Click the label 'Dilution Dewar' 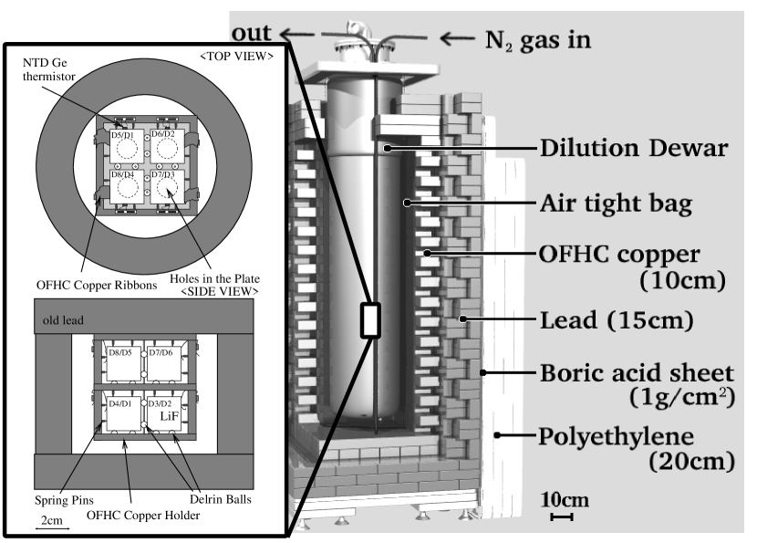pos(633,149)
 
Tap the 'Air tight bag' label pos(616,204)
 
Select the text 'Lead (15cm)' pos(617,320)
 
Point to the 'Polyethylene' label pos(616,436)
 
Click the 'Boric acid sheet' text pos(637,373)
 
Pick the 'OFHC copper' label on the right pos(619,254)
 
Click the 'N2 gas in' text pos(538,39)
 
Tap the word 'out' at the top pos(251,33)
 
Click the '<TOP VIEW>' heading pos(236,57)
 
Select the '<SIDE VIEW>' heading pos(220,291)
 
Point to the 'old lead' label pos(63,320)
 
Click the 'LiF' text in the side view pos(170,416)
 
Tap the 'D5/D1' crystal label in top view pos(122,135)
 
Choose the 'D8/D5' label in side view pos(120,352)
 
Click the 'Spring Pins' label pos(64,500)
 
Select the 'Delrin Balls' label pos(221,499)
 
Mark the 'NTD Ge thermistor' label pos(48,69)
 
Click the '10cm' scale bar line pos(562,517)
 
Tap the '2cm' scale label pos(52,520)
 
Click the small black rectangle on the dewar pos(371,319)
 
